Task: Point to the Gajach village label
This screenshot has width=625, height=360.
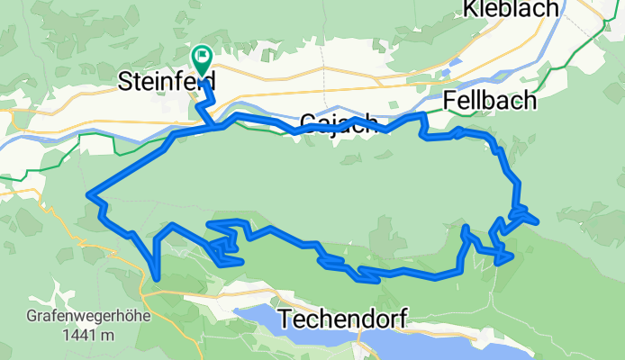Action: coord(335,124)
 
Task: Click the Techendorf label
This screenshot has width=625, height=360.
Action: coord(343,318)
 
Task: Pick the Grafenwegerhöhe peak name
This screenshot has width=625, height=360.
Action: coord(86,318)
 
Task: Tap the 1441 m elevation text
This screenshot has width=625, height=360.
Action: coord(86,335)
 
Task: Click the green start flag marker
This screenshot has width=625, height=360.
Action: coord(201,60)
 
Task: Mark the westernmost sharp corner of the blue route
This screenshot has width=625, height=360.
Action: coord(87,195)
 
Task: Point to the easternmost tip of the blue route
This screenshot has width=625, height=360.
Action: coord(538,220)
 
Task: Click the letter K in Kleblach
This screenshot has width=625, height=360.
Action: coord(470,9)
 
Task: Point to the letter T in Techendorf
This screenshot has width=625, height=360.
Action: coord(285,318)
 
